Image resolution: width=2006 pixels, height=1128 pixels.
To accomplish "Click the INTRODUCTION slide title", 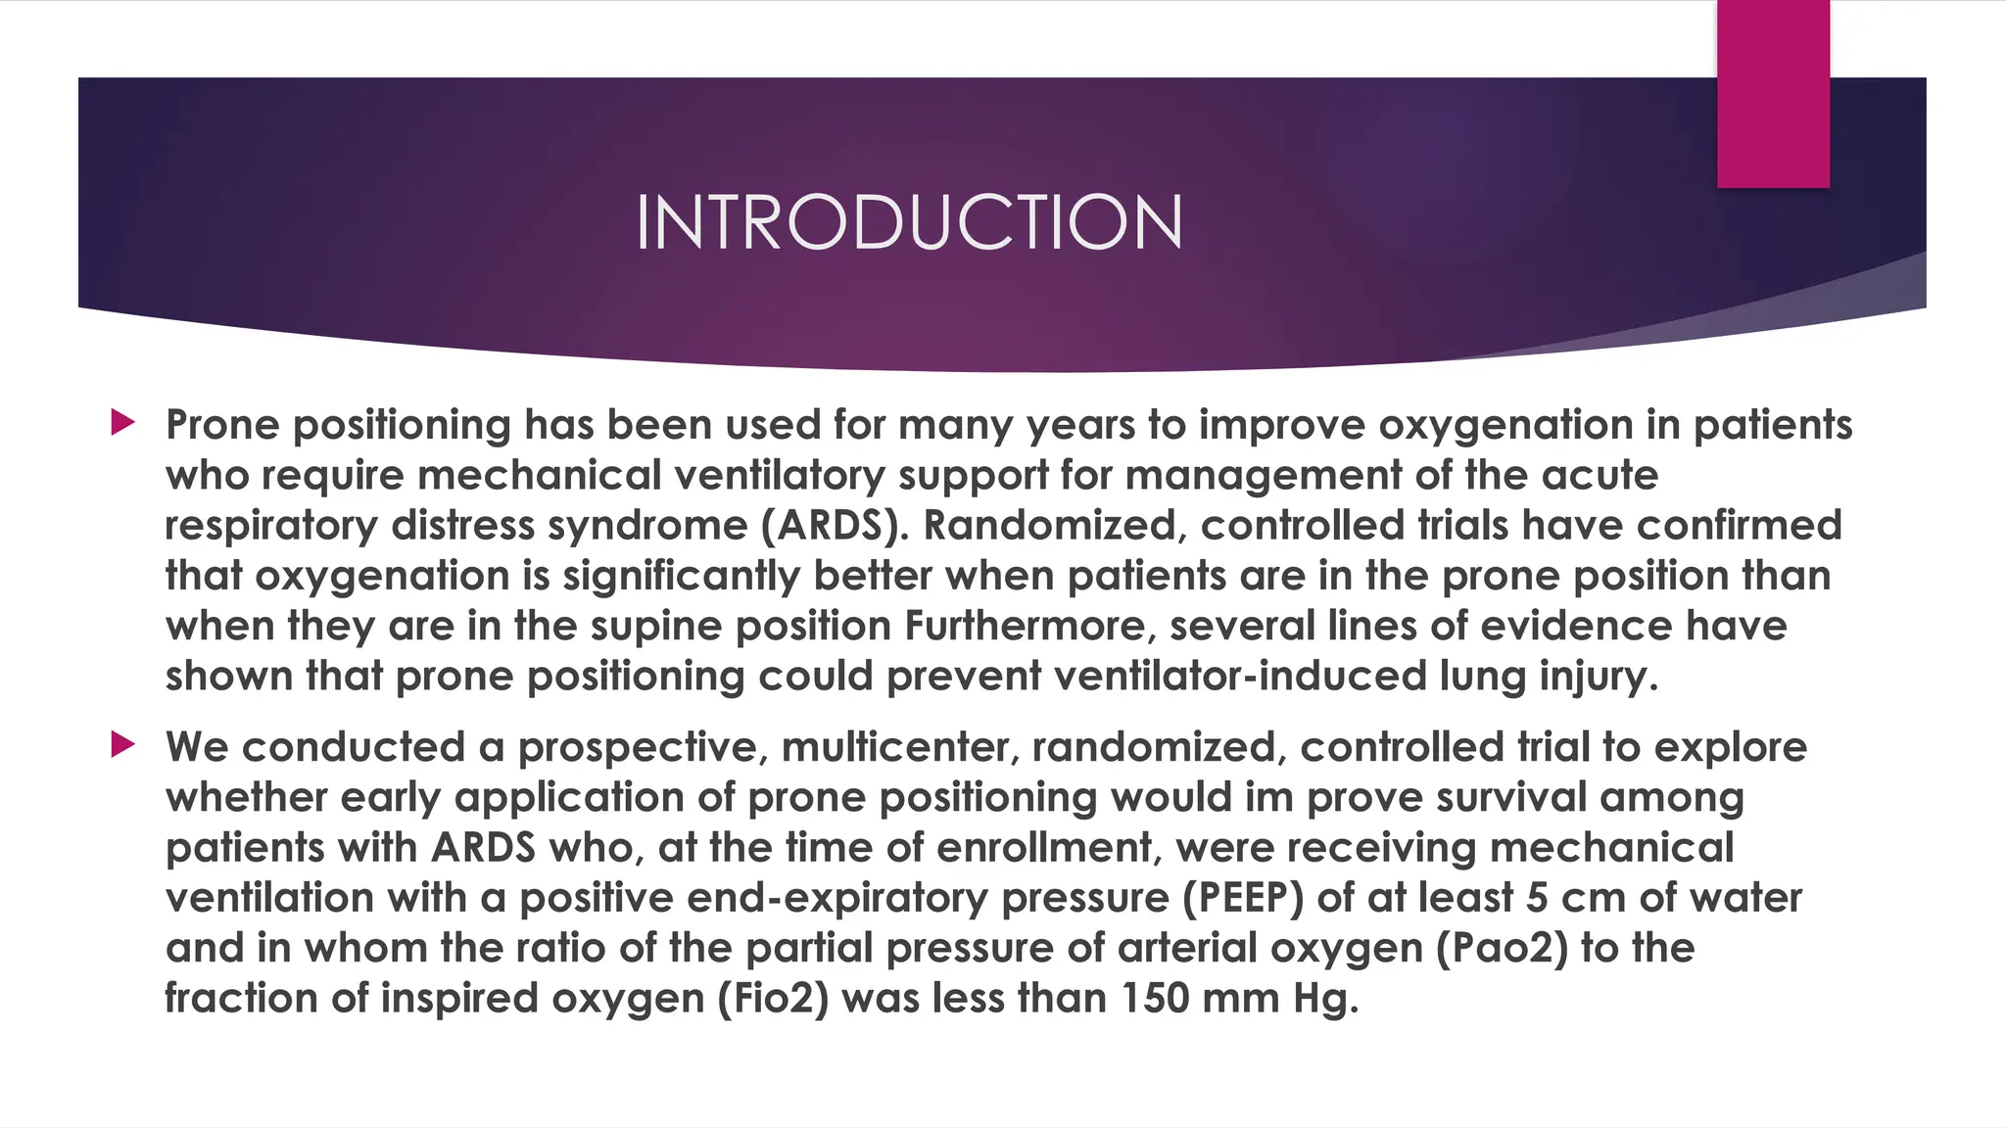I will tap(909, 222).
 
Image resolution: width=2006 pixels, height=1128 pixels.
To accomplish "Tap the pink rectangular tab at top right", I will tap(1773, 93).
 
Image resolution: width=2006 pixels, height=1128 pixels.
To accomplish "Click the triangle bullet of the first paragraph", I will tap(122, 423).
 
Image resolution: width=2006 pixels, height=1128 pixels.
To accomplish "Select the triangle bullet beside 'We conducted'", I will tap(122, 745).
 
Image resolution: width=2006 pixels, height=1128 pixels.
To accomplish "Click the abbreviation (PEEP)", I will tap(1242, 898).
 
